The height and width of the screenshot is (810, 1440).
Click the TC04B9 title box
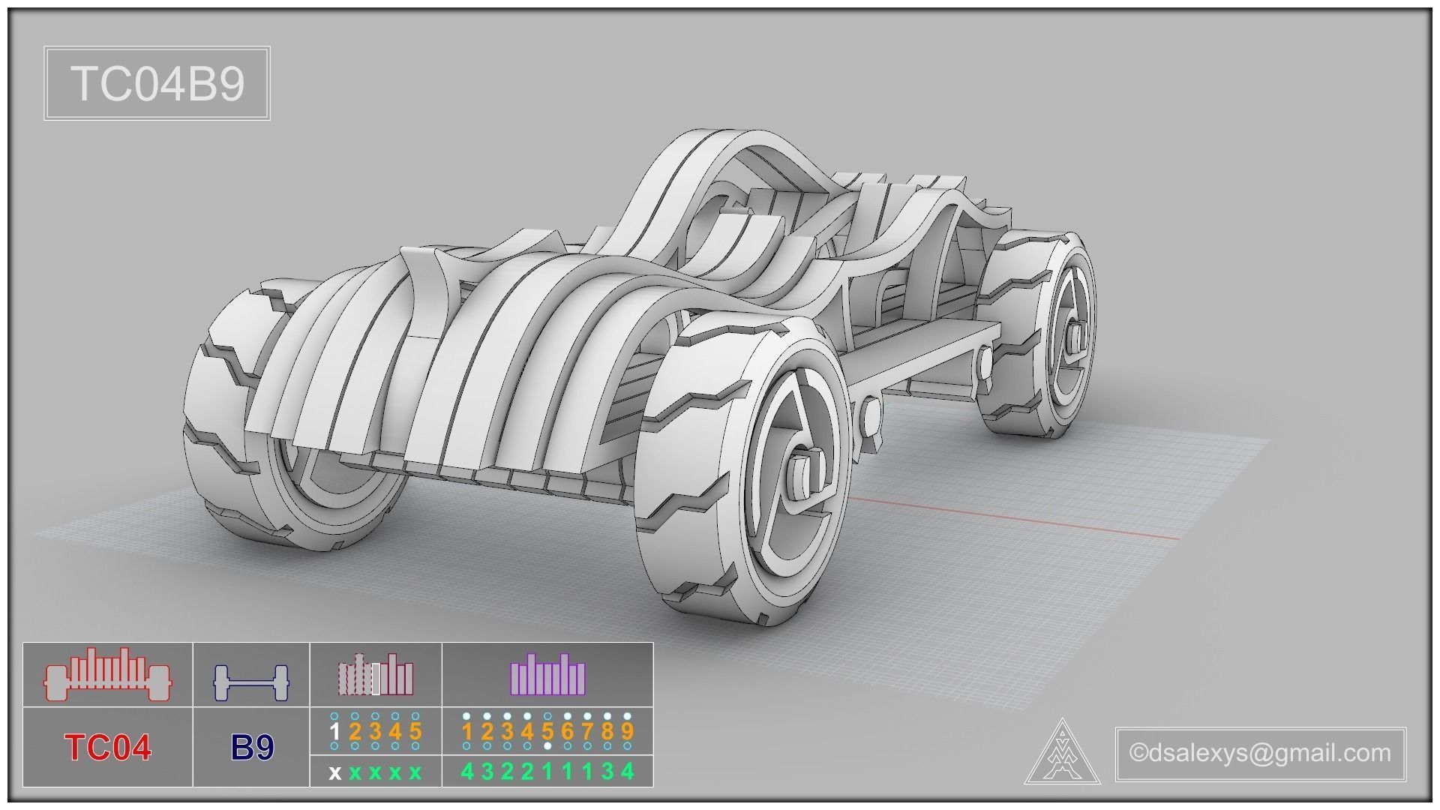click(157, 83)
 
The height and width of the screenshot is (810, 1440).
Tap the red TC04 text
click(108, 748)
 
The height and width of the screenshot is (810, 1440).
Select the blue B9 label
click(252, 748)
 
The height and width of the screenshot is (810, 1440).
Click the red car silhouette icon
click(108, 675)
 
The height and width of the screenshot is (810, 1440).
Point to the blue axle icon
click(251, 681)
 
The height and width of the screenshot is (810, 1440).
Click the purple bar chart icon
click(547, 674)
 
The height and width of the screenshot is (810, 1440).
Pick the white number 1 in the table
click(334, 731)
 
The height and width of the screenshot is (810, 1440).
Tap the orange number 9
click(627, 731)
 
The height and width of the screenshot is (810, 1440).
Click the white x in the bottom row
click(334, 772)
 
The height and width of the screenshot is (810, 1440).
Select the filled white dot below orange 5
click(547, 746)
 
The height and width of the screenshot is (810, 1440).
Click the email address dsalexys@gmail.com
click(1260, 752)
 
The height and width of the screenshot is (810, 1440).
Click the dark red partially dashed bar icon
click(375, 674)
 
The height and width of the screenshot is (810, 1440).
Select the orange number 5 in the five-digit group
click(415, 731)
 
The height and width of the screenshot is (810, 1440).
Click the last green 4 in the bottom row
click(627, 772)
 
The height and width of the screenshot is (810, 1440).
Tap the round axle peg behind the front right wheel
click(871, 415)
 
